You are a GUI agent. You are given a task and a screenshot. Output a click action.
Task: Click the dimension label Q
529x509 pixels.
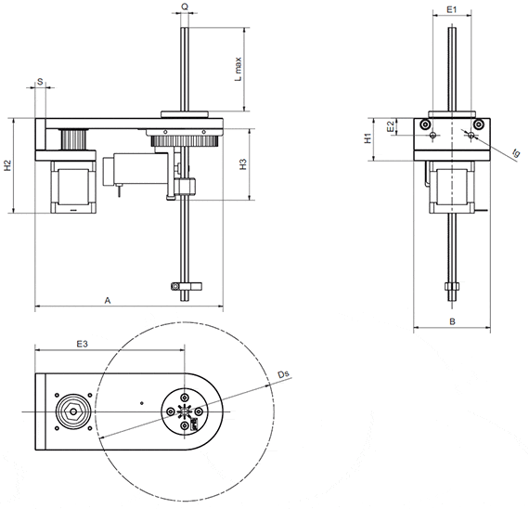coord(186,7)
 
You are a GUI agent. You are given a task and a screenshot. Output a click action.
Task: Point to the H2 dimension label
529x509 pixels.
coord(7,166)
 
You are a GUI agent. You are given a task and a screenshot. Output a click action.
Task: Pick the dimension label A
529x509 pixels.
coord(108,301)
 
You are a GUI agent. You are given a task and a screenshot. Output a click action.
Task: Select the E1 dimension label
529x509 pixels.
coord(451,7)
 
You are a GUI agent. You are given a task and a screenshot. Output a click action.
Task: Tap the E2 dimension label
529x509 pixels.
coord(391,124)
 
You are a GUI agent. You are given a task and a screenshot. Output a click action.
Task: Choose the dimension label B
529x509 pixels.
coord(451,321)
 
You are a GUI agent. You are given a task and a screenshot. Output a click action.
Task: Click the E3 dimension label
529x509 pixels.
coord(82,344)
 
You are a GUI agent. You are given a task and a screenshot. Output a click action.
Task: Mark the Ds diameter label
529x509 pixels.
coord(284,375)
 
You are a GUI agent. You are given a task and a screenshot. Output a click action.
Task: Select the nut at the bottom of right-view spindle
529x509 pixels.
coord(451,286)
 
